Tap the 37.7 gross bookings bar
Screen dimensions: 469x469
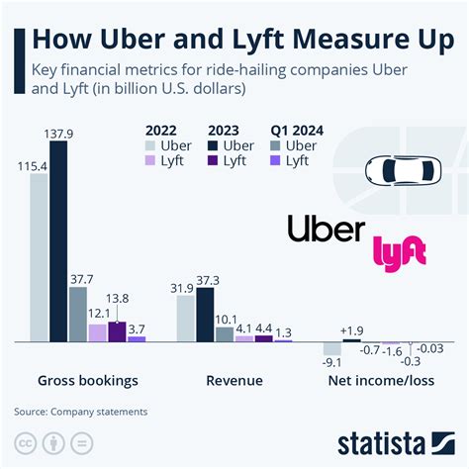tap(77, 314)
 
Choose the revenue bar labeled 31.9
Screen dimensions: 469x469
tap(185, 318)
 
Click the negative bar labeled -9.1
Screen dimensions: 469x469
tap(332, 348)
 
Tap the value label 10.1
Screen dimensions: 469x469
tap(225, 318)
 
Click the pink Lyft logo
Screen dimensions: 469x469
tap(399, 250)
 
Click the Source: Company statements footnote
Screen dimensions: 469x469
tap(80, 411)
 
